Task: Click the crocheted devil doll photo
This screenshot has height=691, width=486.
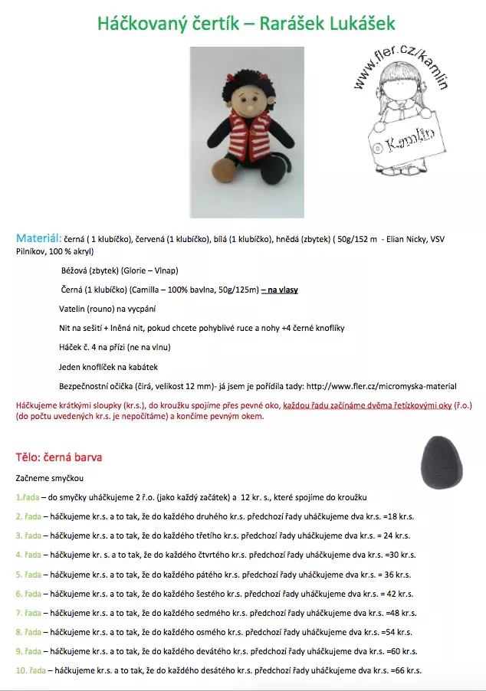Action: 247,132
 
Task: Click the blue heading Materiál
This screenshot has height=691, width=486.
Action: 39,239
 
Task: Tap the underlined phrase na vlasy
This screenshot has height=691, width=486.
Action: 281,290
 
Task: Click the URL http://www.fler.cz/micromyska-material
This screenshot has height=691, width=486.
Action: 381,386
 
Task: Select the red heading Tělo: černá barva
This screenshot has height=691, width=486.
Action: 59,457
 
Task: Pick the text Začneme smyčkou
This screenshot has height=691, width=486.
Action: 51,477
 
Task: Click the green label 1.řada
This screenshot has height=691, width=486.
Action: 28,497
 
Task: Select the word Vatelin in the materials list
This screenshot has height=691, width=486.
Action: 74,309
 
